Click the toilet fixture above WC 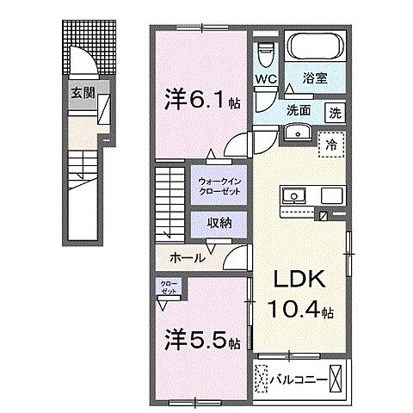pos(265,52)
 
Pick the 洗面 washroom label pos(299,109)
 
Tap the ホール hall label pos(188,257)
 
